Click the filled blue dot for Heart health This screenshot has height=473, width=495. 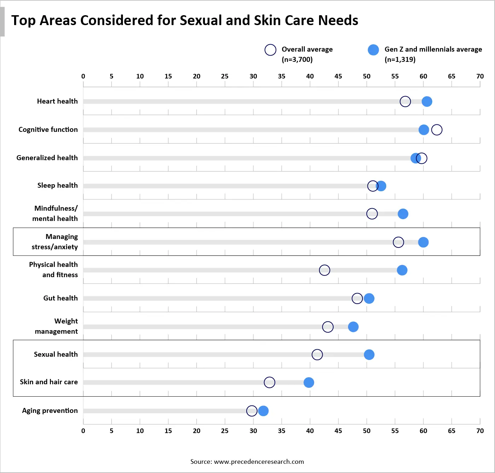[427, 101]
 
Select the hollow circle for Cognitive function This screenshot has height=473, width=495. [437, 130]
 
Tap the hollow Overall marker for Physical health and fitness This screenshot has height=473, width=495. [324, 270]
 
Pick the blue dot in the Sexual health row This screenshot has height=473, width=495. [369, 355]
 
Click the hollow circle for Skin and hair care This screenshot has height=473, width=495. [269, 382]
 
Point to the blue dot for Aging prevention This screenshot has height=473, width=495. [263, 411]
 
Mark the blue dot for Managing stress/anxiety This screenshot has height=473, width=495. [423, 242]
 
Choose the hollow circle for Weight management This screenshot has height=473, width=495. [328, 327]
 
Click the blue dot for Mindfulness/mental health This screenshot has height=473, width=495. [403, 214]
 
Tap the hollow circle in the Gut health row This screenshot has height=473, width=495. [357, 298]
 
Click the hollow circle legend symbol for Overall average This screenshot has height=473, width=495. [270, 50]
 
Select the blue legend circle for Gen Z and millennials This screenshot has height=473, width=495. [373, 50]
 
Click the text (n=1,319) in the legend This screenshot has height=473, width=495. [400, 59]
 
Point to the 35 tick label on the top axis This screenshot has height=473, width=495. [282, 76]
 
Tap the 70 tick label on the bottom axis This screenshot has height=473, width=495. [480, 431]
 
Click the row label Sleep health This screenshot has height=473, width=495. [58, 185]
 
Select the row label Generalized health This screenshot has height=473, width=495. [47, 158]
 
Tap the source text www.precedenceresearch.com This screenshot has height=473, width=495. [259, 461]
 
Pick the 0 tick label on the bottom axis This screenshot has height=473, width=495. [83, 431]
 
